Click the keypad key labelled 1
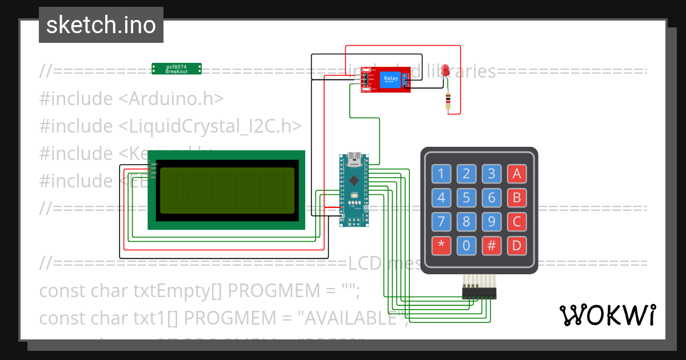tap(441, 174)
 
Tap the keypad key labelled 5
tap(466, 198)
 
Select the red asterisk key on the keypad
tap(441, 246)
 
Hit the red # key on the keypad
tap(492, 246)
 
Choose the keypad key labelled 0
tap(466, 246)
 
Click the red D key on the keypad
tap(517, 246)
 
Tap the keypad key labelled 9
tap(492, 222)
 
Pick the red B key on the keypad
tap(517, 198)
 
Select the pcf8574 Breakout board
tap(177, 69)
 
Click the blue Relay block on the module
tap(391, 80)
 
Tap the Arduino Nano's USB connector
tap(354, 158)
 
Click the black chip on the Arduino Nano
tap(354, 182)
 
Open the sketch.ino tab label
tap(101, 25)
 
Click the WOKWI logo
tap(607, 315)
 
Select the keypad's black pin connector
tap(480, 294)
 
